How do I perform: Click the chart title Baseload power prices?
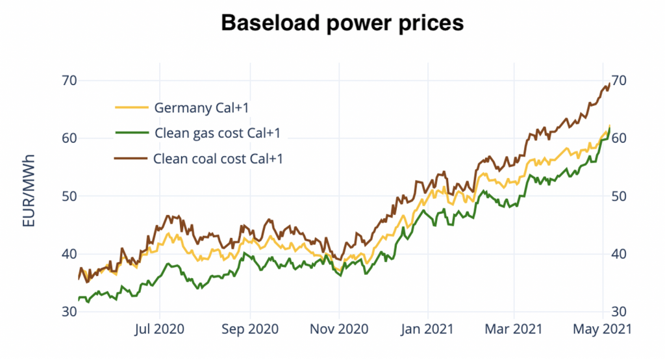[x=342, y=23]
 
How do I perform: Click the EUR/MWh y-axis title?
[x=29, y=191]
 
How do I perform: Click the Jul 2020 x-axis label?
[x=159, y=329]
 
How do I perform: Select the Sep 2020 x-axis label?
[x=249, y=329]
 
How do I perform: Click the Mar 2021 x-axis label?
[x=514, y=329]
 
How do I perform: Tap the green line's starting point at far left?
[x=79, y=300]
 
